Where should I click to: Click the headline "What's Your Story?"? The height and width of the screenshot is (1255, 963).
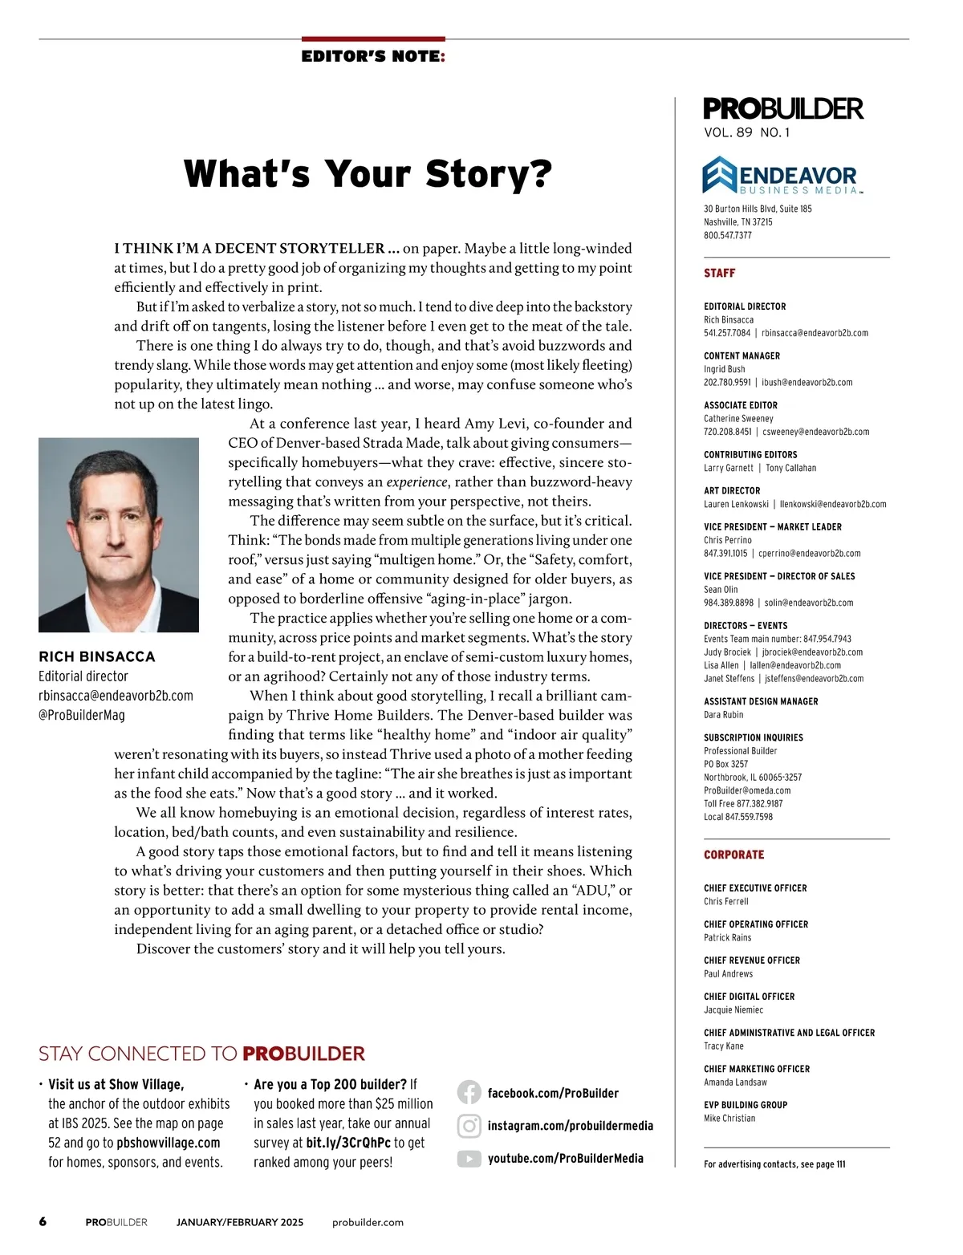[x=368, y=174]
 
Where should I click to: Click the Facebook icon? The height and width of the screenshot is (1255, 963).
[x=469, y=1093]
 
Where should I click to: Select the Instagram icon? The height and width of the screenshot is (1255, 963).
[x=469, y=1126]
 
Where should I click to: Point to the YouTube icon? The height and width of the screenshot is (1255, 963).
[x=469, y=1159]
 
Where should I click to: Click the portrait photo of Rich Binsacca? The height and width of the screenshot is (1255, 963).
[x=119, y=534]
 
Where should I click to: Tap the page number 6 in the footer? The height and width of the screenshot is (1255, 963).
[x=43, y=1222]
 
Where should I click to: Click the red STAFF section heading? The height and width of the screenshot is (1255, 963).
[x=719, y=274]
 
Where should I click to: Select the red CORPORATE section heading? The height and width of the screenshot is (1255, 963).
[x=733, y=855]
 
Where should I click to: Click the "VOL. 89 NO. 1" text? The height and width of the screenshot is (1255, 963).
[x=746, y=133]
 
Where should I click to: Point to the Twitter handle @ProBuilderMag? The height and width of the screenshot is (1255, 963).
[x=82, y=715]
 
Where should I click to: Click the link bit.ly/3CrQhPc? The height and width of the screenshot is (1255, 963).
[x=348, y=1143]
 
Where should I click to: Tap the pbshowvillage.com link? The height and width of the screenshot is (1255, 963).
[x=168, y=1143]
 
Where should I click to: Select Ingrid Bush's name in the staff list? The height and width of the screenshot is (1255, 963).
[x=725, y=369]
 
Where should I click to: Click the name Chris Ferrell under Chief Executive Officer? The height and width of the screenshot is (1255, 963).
[x=725, y=902]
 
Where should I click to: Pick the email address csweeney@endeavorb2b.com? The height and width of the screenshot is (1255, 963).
[x=815, y=432]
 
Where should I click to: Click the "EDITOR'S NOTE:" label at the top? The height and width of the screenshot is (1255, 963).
[x=373, y=57]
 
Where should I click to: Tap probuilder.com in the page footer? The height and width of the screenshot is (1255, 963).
[x=368, y=1223]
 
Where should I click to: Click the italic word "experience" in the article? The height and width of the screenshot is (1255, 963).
[x=416, y=482]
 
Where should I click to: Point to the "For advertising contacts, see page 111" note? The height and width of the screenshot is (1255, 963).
[x=774, y=1164]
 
